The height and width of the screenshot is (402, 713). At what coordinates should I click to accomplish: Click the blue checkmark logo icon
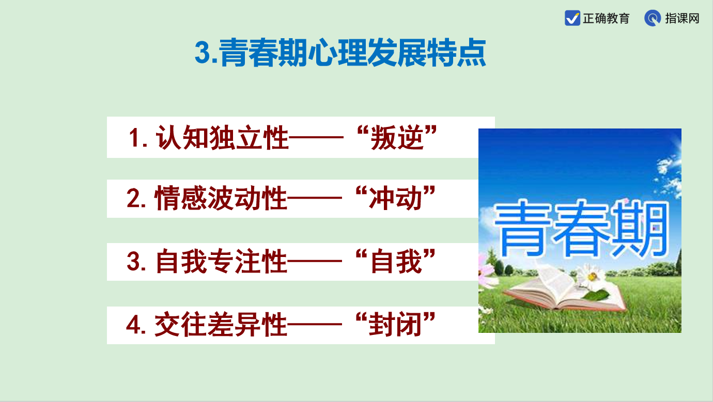tap(572, 18)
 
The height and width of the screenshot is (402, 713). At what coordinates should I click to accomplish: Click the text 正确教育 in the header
tap(606, 19)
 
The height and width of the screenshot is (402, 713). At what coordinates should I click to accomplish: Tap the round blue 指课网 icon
tap(652, 18)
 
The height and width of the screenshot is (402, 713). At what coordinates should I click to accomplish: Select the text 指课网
tap(682, 19)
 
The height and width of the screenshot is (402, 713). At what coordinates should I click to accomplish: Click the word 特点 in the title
tap(456, 53)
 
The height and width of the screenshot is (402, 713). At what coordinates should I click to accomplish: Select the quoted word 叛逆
tap(397, 137)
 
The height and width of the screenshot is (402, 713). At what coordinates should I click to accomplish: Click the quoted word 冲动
tap(396, 198)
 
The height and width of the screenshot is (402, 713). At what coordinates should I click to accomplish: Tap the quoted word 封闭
tap(396, 325)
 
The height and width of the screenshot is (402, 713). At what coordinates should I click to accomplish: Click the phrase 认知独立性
tap(222, 137)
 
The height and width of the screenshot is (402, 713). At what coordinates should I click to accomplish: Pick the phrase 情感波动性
tap(221, 198)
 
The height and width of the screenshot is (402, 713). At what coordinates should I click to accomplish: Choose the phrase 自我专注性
tap(221, 262)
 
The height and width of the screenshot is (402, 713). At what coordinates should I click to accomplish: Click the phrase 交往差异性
tap(221, 325)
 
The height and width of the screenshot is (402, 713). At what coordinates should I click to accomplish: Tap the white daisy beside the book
tap(592, 276)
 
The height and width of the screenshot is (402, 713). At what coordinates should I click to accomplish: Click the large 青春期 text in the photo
tap(580, 229)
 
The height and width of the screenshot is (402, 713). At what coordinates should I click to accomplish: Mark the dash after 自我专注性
tap(315, 262)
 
